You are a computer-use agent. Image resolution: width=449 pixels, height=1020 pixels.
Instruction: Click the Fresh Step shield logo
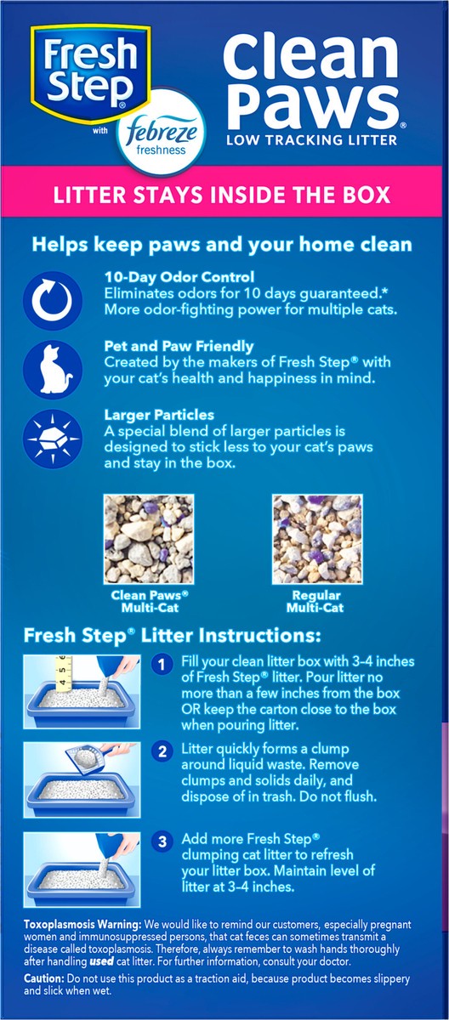(x=90, y=74)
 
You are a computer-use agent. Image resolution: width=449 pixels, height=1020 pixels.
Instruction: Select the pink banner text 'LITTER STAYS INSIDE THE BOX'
(x=222, y=194)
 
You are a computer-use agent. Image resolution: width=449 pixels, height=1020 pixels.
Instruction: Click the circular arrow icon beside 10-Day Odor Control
(x=53, y=300)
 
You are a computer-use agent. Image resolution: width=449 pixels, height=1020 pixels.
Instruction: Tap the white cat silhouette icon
(x=53, y=369)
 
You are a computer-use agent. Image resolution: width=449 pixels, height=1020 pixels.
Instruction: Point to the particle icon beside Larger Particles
(x=53, y=439)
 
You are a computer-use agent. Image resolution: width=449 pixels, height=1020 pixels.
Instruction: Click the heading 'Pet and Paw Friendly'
(x=179, y=346)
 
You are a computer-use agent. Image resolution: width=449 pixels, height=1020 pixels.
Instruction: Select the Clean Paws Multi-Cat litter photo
(x=149, y=539)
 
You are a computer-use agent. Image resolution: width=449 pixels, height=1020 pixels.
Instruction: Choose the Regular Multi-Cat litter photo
(x=317, y=539)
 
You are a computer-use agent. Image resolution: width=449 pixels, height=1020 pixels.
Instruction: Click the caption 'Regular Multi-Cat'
(x=315, y=602)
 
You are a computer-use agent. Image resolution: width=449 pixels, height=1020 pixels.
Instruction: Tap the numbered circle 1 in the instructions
(x=162, y=665)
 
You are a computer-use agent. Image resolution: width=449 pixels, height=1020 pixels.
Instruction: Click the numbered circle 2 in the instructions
(x=162, y=751)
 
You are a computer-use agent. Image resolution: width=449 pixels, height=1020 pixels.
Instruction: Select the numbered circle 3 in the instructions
(x=162, y=841)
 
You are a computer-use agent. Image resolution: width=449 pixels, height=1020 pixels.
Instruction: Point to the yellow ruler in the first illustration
(x=63, y=673)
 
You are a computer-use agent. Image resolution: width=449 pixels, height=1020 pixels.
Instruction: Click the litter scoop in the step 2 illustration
(x=94, y=756)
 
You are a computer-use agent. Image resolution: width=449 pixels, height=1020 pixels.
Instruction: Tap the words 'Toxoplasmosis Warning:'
(x=82, y=925)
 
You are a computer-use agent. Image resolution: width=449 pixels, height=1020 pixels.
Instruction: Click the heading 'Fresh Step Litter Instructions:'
(x=172, y=635)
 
